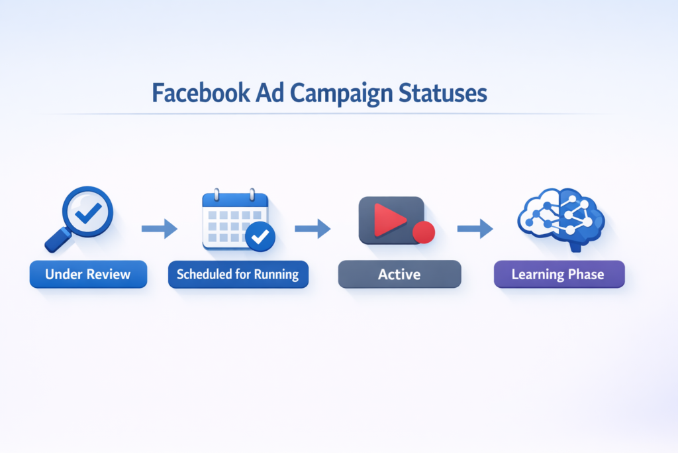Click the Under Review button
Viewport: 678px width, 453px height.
pyautogui.click(x=88, y=274)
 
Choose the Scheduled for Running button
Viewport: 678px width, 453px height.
pyautogui.click(x=238, y=274)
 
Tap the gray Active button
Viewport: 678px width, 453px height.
pyautogui.click(x=399, y=274)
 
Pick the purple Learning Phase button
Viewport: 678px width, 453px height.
pyautogui.click(x=559, y=274)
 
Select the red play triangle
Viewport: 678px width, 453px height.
pyautogui.click(x=387, y=220)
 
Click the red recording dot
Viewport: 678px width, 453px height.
pyautogui.click(x=423, y=232)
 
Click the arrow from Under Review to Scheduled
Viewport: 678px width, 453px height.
pyautogui.click(x=160, y=229)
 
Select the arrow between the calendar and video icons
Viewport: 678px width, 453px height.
pyautogui.click(x=313, y=229)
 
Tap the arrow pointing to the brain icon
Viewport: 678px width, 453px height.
pyautogui.click(x=475, y=229)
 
